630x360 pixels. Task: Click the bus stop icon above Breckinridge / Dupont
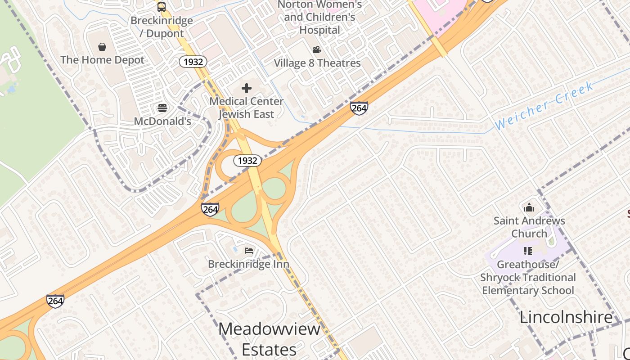point(162,7)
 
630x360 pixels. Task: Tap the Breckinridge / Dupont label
point(162,27)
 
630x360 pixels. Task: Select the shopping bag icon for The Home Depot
point(102,47)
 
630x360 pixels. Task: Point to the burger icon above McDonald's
point(162,108)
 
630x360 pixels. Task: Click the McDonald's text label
point(162,121)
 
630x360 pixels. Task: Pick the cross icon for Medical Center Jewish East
point(247,88)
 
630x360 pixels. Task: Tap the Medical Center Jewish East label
point(247,108)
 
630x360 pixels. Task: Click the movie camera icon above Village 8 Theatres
point(317,50)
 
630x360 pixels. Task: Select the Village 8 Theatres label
point(317,63)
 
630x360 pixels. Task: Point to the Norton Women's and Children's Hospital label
point(319,18)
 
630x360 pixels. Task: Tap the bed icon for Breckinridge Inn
point(249,251)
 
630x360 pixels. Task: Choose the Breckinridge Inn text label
point(248,264)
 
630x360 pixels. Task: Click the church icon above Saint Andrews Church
point(529,207)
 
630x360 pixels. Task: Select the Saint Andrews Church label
point(529,227)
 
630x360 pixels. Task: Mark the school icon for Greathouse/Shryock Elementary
point(528,251)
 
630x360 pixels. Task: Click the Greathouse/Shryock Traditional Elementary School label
point(528,277)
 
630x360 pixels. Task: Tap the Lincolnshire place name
point(566,317)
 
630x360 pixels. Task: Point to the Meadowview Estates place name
point(269,339)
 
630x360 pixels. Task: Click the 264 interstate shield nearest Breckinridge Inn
point(210,209)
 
